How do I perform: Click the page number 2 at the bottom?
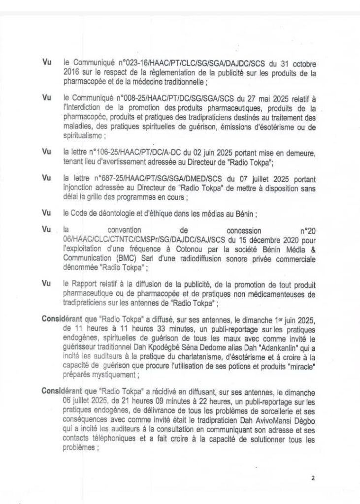[312, 477]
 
